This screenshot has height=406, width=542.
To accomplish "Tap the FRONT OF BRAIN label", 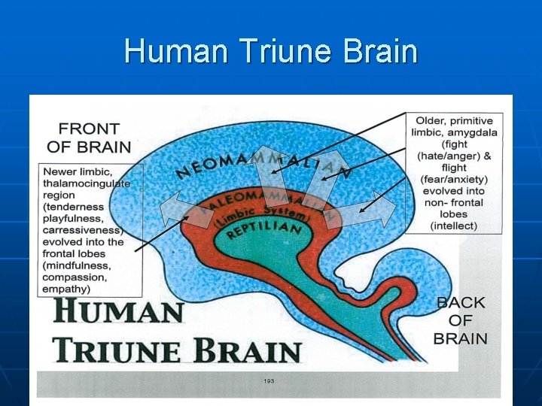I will tap(89, 138).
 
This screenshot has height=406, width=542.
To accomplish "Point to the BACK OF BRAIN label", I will tap(461, 320).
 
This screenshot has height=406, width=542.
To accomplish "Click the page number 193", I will tap(269, 381).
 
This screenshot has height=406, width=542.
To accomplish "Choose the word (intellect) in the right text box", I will tap(454, 226).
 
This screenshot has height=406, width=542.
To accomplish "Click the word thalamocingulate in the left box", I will tap(87, 183).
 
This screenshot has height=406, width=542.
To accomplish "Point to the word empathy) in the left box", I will tap(67, 289).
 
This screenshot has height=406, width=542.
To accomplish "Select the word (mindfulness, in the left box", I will tap(78, 266).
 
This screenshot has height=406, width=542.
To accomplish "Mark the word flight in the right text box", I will tap(454, 168).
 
